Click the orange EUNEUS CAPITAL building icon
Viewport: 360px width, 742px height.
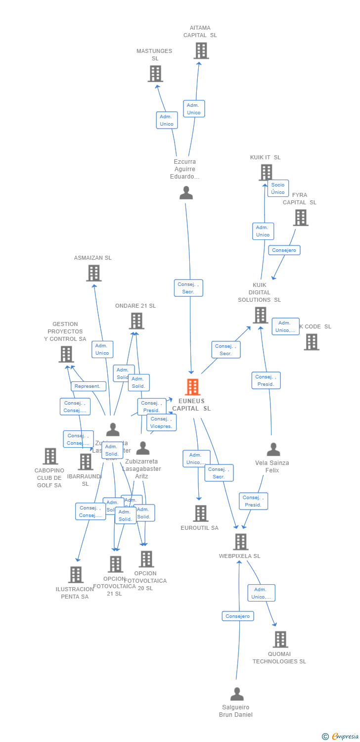click(192, 387)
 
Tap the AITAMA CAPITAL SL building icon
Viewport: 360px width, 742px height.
click(201, 50)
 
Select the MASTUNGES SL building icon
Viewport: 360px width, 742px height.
click(155, 74)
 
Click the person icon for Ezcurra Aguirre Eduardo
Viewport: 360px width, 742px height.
click(186, 193)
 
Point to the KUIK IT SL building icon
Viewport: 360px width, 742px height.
click(266, 173)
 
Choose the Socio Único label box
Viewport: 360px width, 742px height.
click(278, 188)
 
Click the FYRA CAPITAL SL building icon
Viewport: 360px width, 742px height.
click(300, 218)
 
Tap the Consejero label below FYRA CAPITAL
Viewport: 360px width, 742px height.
click(284, 250)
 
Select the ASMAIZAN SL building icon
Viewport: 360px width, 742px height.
click(93, 273)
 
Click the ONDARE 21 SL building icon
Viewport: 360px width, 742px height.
click(136, 321)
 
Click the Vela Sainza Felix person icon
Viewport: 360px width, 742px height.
click(273, 450)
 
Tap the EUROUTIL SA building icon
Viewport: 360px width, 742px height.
click(200, 513)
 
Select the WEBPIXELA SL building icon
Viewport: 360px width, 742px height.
click(240, 542)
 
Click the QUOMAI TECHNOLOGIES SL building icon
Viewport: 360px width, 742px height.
click(280, 639)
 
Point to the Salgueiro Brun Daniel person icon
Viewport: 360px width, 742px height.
click(237, 694)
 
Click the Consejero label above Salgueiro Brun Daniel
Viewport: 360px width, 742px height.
click(238, 616)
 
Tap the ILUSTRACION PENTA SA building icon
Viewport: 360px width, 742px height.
click(76, 575)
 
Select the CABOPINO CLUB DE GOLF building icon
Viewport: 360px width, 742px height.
click(50, 456)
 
